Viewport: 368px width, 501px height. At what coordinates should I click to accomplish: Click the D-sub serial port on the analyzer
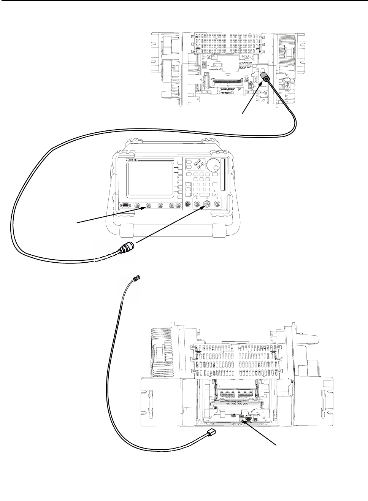[124, 206]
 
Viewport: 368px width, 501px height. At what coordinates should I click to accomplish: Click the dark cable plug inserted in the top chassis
[266, 79]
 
